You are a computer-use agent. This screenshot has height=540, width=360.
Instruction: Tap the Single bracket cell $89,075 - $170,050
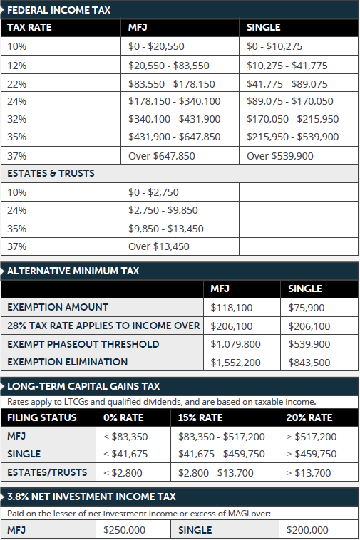pos(289,101)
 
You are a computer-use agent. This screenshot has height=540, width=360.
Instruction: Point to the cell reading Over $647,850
pos(161,155)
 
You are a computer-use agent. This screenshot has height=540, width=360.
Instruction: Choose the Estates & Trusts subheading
pos(51,173)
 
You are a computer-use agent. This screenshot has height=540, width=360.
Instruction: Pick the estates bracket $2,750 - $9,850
pos(163,210)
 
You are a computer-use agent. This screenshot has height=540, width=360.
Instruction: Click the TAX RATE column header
pos(29,28)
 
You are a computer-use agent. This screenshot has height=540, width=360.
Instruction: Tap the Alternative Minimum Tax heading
pos(73,271)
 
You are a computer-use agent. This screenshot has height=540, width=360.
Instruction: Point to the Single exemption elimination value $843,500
pos(309,363)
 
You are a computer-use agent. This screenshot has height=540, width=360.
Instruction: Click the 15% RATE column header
pos(200,417)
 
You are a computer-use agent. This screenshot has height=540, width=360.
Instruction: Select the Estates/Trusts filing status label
pos(47,472)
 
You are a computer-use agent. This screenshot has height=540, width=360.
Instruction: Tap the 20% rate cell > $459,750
pos(311,454)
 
